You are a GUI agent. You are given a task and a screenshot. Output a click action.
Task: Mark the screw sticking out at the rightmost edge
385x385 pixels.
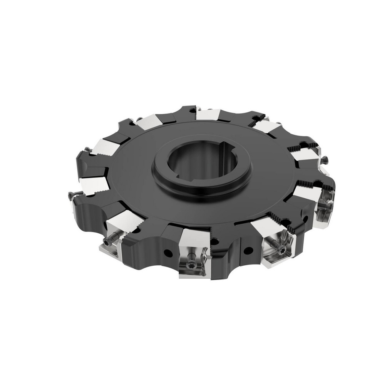[x=325, y=157]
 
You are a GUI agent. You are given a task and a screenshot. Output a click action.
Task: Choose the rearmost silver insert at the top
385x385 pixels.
[x=207, y=114]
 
